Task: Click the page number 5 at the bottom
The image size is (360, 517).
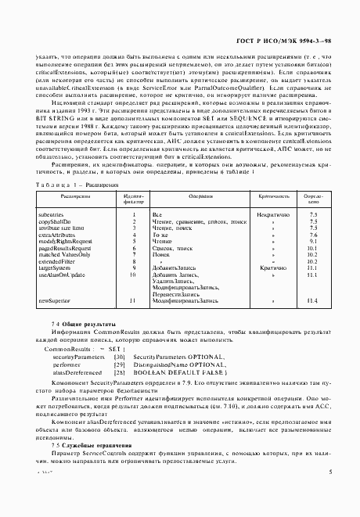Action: (331, 494)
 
